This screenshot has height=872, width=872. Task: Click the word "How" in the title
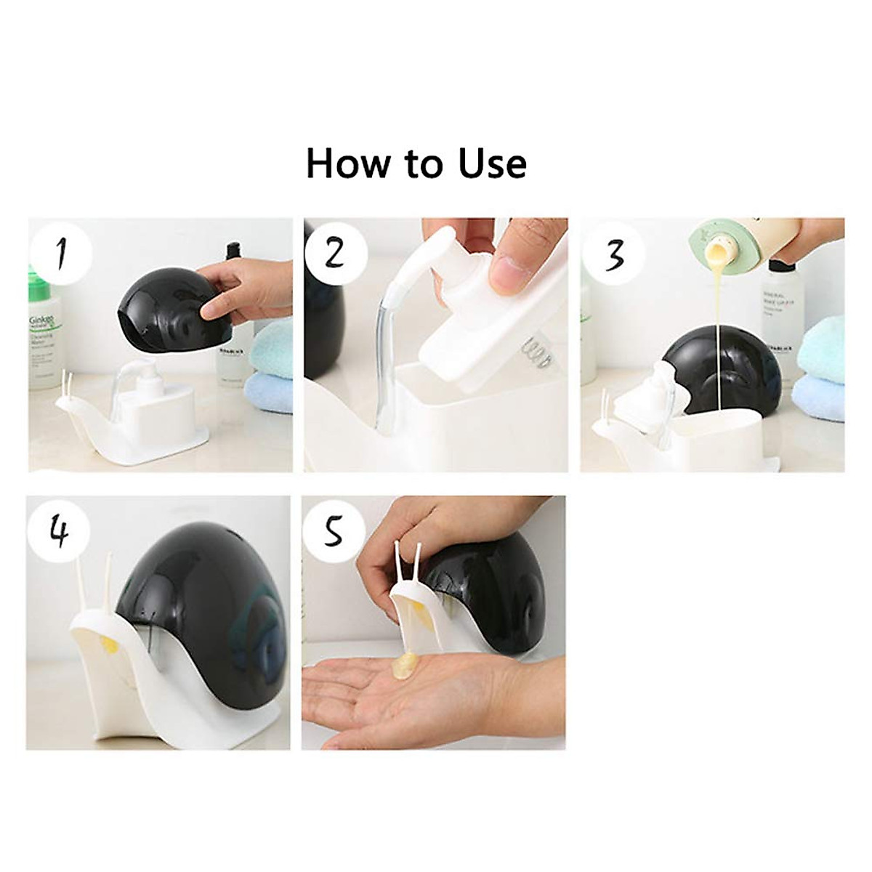tap(347, 163)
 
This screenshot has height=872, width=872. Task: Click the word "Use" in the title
tap(492, 163)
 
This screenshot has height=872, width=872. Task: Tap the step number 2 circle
tap(335, 253)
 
